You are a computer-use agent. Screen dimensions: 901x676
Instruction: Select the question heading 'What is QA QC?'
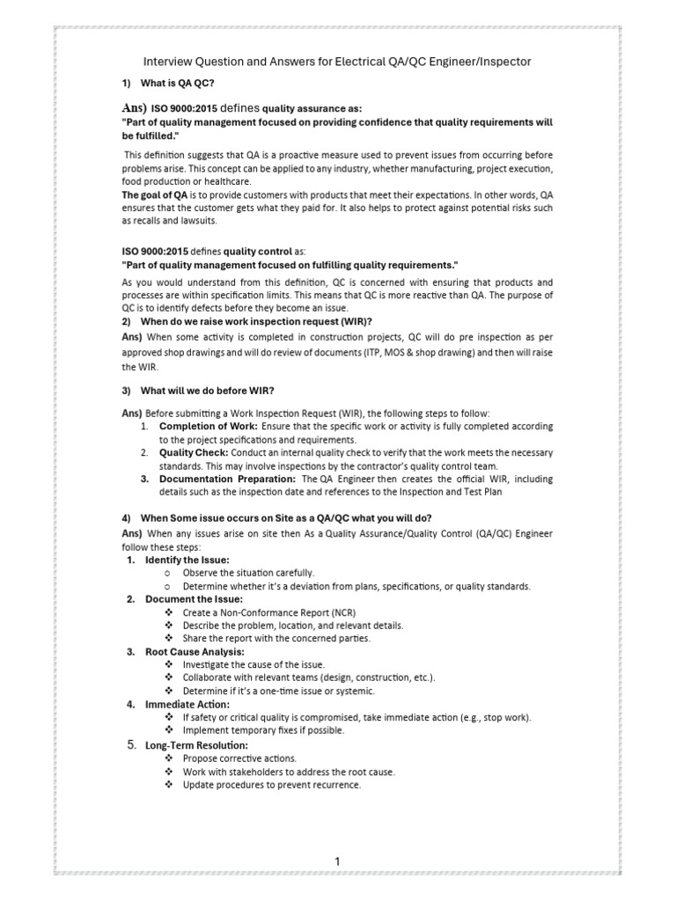178,83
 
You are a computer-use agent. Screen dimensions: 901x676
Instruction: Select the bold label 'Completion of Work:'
208,426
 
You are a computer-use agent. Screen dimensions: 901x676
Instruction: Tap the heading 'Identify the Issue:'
187,560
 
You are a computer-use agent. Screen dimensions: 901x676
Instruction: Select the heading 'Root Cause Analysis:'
195,651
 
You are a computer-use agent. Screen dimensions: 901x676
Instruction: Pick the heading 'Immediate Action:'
187,704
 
